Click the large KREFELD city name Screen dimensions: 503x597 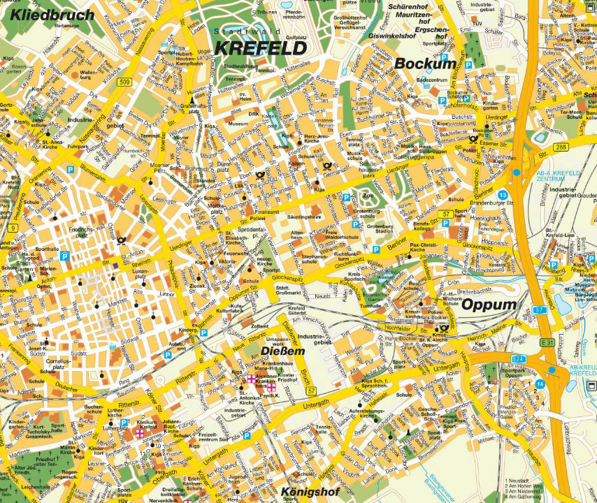pyautogui.click(x=261, y=48)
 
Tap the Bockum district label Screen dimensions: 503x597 pyautogui.click(x=424, y=64)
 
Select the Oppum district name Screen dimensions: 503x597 pyautogui.click(x=489, y=305)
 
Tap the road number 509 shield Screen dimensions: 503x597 pyautogui.click(x=125, y=82)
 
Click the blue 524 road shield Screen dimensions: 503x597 pyautogui.click(x=519, y=359)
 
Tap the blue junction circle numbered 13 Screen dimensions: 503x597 pyautogui.click(x=503, y=194)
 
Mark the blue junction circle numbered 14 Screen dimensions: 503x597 pyautogui.click(x=540, y=384)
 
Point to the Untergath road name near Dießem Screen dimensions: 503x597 pyautogui.click(x=317, y=405)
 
